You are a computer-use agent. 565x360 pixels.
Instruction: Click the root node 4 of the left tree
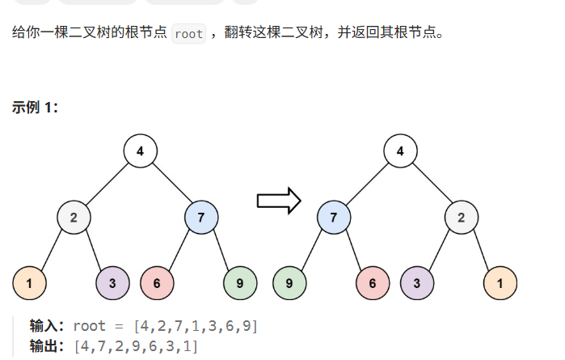point(140,151)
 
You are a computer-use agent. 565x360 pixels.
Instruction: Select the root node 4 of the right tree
point(400,151)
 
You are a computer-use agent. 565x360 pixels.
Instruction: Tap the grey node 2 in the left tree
point(74,217)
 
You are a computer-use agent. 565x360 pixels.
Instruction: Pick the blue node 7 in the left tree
point(200,217)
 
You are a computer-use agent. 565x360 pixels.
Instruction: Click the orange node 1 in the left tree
point(29,283)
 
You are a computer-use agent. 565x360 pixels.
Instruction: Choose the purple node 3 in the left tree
point(112,283)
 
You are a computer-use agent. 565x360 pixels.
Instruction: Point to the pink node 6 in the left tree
point(156,283)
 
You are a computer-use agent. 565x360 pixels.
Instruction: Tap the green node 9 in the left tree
point(239,283)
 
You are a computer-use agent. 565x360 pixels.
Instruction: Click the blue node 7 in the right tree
point(334,217)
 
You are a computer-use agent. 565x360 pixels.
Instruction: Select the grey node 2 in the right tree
point(461,217)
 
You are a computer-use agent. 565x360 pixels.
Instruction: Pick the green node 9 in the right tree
point(289,283)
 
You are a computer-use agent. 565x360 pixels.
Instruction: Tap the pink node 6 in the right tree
point(373,283)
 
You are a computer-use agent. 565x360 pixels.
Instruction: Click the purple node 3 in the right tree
point(417,283)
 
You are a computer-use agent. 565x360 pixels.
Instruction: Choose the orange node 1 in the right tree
point(500,283)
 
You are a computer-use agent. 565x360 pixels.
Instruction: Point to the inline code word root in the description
point(188,35)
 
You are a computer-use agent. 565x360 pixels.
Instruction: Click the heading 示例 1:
point(35,108)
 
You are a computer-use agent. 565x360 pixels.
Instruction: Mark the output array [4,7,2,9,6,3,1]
point(135,346)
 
